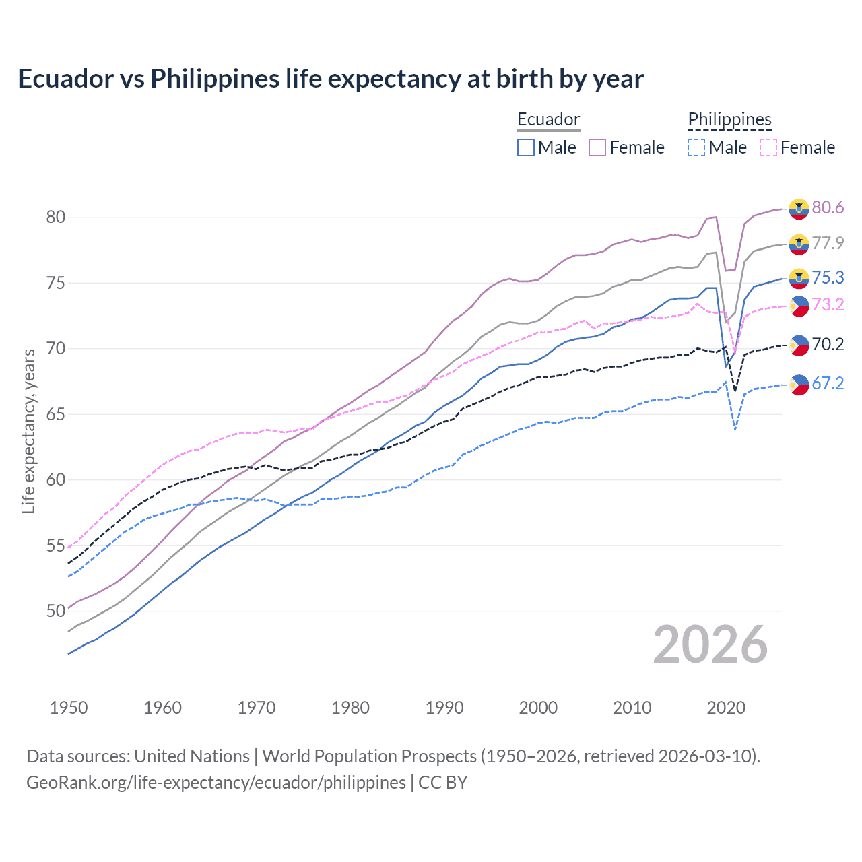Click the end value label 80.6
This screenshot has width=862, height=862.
[x=828, y=207]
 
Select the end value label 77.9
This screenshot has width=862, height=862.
[x=828, y=243]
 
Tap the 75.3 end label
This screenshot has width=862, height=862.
[x=828, y=278]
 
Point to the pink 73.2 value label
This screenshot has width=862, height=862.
[x=828, y=305]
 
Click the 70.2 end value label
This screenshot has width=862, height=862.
[x=828, y=345]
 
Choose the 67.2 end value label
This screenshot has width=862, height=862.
[x=828, y=384]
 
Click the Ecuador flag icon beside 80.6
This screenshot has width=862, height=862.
[x=799, y=209]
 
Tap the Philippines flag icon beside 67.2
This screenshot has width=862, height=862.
[x=799, y=385]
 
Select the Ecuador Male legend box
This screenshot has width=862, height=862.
[x=526, y=147]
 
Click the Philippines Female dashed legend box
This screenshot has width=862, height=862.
[x=768, y=147]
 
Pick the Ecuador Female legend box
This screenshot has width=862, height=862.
[x=597, y=147]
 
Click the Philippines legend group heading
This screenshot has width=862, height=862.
[x=729, y=120]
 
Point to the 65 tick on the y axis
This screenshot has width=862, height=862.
[x=56, y=414]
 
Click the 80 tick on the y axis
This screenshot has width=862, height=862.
[x=56, y=217]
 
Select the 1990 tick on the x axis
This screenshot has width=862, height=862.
[x=444, y=708]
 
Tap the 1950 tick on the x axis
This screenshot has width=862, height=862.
[x=69, y=708]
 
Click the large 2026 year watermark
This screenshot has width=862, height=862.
[x=710, y=645]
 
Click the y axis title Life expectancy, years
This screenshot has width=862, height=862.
[x=28, y=431]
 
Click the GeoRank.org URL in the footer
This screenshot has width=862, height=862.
[x=216, y=783]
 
